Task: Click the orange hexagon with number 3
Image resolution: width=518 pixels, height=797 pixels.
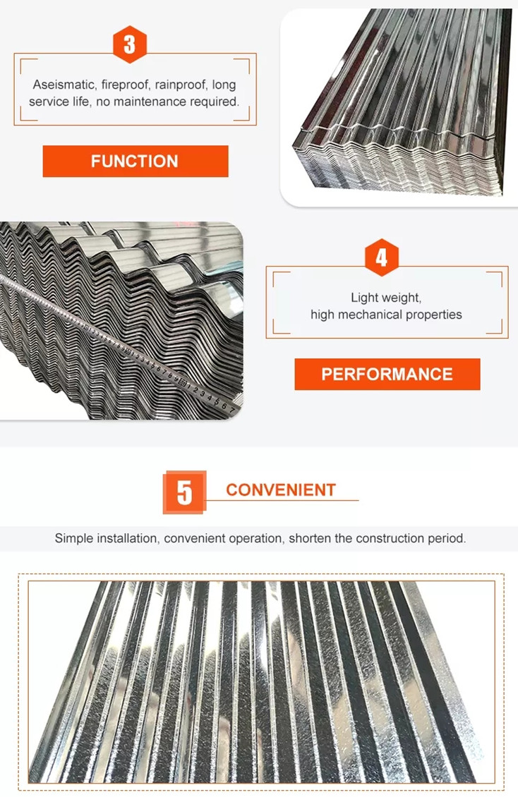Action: point(130,44)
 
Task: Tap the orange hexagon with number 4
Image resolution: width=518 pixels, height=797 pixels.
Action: point(381,257)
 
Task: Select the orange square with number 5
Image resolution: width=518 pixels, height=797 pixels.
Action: point(184,492)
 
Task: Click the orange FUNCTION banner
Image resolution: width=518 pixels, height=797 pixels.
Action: point(135,161)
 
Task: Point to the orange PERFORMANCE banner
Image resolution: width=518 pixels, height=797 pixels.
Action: point(387,374)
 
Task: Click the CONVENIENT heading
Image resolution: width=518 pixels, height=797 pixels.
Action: point(281,490)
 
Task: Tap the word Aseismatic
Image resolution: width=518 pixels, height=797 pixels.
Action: point(64,85)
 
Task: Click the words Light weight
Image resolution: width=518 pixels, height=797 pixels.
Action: point(386,298)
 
